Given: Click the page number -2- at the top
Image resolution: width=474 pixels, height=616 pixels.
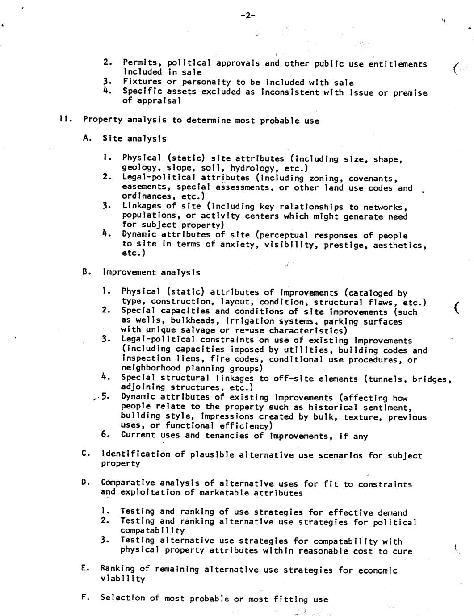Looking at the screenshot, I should coord(247,15).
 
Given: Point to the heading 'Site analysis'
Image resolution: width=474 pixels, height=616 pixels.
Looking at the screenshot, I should coord(134,139).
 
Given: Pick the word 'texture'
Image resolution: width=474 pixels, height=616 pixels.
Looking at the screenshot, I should coord(360,417).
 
